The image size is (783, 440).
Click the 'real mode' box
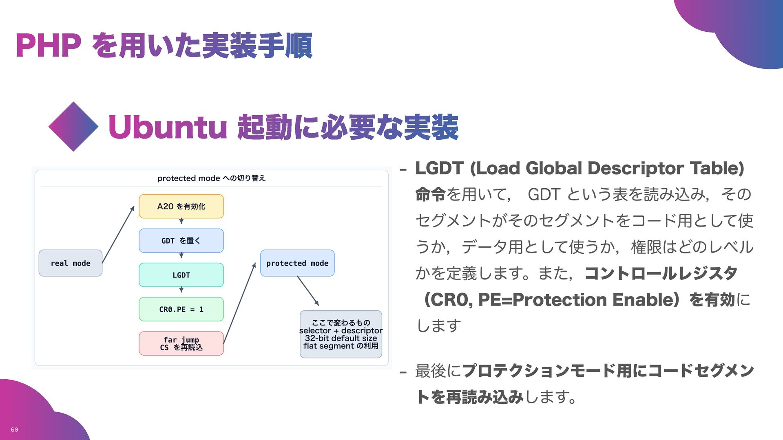70,263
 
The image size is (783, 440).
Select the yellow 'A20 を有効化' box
181,206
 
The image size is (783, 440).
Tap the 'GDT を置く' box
181,241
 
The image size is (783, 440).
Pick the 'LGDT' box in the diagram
181,275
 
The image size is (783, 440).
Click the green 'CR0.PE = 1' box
181,309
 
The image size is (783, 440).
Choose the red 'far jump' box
181,343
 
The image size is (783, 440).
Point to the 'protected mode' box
297,263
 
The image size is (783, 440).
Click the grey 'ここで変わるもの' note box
341,334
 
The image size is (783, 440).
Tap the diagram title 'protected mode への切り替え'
211,178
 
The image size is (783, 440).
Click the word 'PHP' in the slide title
48,46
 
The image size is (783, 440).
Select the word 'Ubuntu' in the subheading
167,127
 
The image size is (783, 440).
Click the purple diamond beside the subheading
73,127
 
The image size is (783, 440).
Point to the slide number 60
14,429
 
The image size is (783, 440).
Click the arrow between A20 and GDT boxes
181,221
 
